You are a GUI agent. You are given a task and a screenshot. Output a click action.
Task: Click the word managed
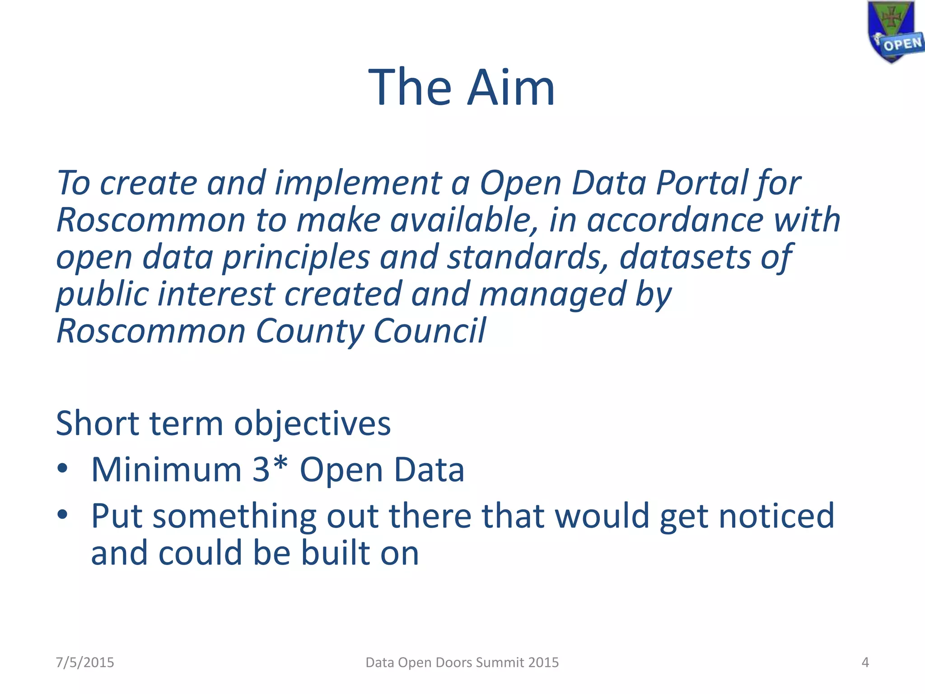552,294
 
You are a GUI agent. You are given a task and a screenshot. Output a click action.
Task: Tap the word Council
429,330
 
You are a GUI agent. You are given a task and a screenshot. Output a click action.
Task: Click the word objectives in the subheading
312,424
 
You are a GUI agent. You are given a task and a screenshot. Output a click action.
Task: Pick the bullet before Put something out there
63,514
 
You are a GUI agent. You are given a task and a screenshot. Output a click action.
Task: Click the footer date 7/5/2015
85,662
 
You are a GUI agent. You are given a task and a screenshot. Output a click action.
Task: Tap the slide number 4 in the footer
865,662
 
